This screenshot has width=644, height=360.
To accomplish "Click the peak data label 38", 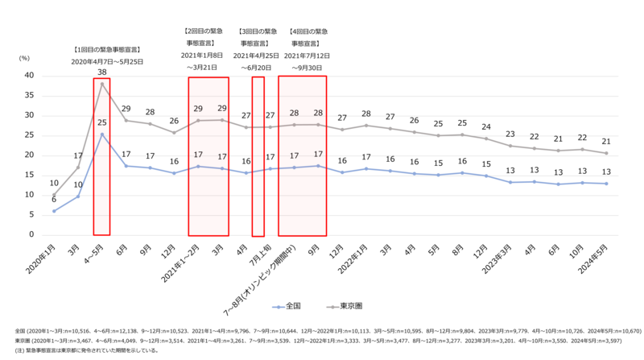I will [x=102, y=72].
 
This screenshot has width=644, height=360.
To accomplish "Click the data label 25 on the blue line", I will [x=102, y=122].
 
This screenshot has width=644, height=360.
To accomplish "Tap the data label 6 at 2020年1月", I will [x=54, y=199].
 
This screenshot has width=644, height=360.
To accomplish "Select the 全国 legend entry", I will [x=291, y=307].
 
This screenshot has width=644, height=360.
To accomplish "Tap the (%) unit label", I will [x=24, y=58].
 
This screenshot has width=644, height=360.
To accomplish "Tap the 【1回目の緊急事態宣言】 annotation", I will [x=105, y=48].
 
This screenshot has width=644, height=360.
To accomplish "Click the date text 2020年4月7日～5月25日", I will [x=105, y=61].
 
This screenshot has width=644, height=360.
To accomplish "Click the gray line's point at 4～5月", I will [x=102, y=84].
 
